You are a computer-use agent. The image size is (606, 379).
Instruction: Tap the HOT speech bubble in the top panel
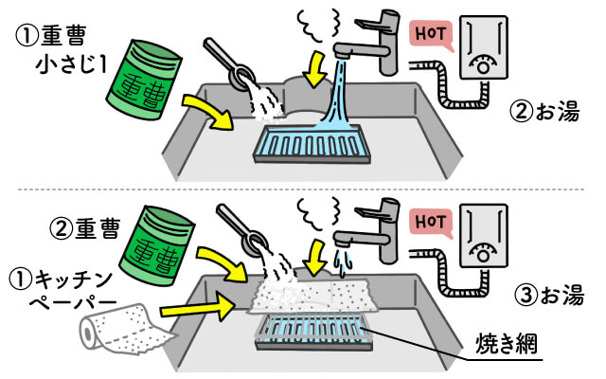(429, 35)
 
